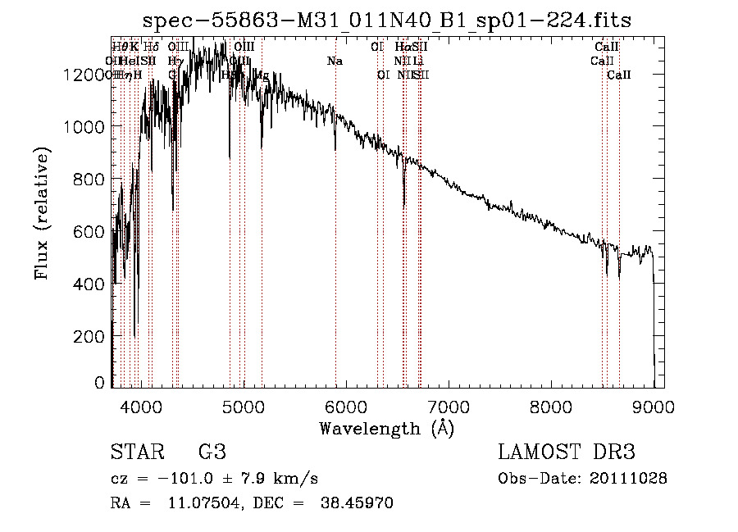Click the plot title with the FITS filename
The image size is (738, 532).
(x=386, y=20)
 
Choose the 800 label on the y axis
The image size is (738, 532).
(x=92, y=180)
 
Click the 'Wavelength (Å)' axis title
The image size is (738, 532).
(x=386, y=429)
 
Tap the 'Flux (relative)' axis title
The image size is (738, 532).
(x=41, y=215)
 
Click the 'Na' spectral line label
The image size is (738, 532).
(x=335, y=61)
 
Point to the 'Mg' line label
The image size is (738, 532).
(x=262, y=75)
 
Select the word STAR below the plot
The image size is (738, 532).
(x=136, y=452)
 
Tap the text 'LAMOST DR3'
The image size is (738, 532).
(x=566, y=452)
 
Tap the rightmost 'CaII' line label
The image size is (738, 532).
(x=619, y=75)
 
